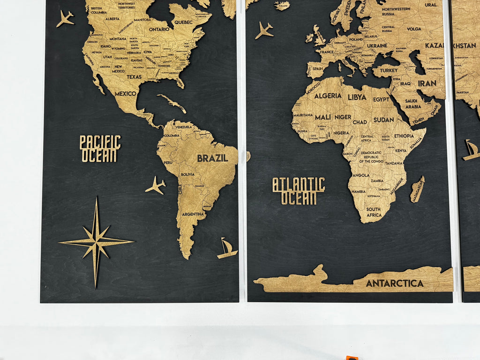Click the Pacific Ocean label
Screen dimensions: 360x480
(100, 149)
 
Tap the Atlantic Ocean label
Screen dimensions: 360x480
(299, 191)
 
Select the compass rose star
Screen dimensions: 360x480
(96, 242)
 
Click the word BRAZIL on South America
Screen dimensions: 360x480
(212, 158)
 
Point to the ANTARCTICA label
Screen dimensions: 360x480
(395, 283)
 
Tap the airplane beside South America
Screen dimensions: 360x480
(156, 185)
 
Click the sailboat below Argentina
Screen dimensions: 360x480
(227, 248)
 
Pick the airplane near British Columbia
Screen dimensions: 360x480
(65, 19)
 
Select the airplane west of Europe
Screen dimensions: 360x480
(264, 30)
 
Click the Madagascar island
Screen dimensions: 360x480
(417, 189)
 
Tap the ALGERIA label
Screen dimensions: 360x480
(328, 96)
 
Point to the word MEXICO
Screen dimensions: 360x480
(126, 93)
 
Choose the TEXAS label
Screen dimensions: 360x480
(134, 77)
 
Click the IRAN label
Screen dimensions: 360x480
(427, 83)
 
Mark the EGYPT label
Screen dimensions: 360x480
(382, 99)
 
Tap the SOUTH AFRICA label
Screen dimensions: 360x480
(374, 212)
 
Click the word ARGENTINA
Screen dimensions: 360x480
(193, 214)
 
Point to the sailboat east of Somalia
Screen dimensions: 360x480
(471, 150)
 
